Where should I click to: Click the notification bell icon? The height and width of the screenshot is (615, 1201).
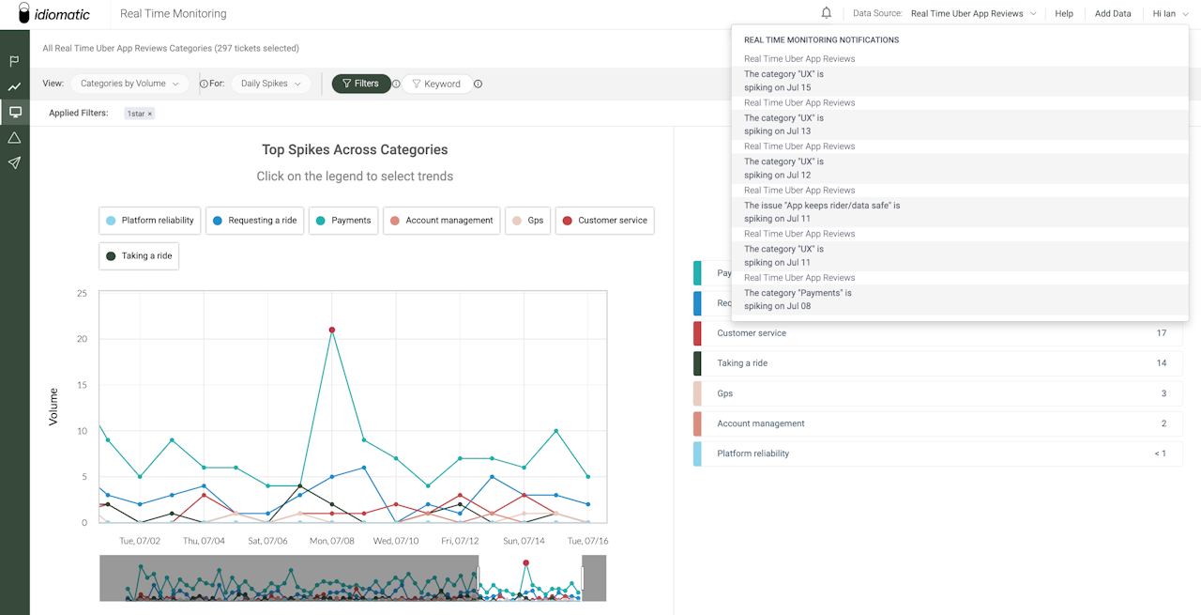tap(827, 13)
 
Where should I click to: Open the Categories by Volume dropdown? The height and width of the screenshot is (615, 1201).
tap(129, 84)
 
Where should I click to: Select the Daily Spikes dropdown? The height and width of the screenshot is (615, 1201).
tap(271, 84)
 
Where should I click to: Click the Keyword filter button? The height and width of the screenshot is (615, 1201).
tap(436, 84)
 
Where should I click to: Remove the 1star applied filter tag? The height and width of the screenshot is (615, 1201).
tap(150, 114)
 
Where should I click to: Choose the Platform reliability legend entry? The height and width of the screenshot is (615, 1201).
tap(149, 220)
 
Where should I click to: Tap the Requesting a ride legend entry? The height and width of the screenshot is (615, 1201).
tap(254, 220)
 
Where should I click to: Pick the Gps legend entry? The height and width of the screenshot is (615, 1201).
tap(527, 220)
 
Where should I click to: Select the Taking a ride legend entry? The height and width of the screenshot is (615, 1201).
tap(139, 256)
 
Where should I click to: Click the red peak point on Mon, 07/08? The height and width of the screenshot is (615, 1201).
tap(332, 331)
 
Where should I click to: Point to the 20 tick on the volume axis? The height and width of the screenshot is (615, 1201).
tap(82, 339)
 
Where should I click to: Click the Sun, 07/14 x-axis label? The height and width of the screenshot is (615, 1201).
tap(524, 541)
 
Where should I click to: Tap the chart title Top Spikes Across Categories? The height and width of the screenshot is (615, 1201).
tap(355, 149)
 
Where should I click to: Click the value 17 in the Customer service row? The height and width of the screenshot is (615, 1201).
tap(1162, 333)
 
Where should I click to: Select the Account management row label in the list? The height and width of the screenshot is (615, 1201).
tap(761, 423)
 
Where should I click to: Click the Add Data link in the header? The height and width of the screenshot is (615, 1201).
tap(1113, 13)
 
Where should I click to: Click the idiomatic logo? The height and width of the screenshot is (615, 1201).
tap(53, 13)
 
